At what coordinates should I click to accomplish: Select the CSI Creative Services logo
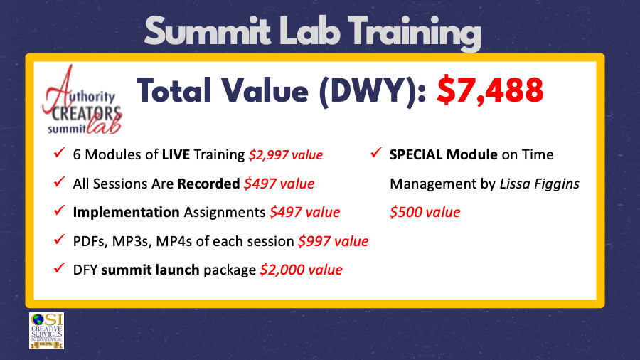pos(46,330)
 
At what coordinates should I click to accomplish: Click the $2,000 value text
pos(302,270)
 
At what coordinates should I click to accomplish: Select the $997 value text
pos(333,241)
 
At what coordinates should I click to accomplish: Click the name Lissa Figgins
pos(540,184)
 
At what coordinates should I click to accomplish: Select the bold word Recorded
pos(208,183)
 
